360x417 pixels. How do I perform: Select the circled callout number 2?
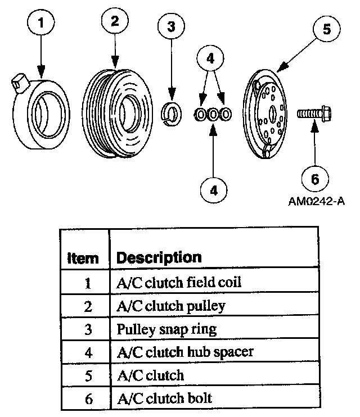[x=115, y=22]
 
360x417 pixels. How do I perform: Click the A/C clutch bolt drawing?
[x=313, y=114]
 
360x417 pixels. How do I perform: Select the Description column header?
[x=159, y=258]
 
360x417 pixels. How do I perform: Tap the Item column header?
[x=83, y=259]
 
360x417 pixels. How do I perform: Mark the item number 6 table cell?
[x=87, y=398]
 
